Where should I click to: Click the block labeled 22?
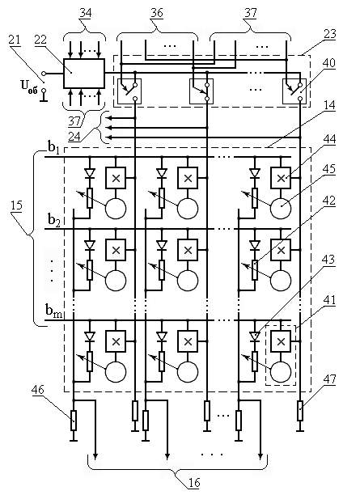pos(83,74)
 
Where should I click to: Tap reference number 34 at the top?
pos(85,13)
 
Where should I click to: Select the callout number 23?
pos(330,34)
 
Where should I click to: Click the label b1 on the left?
pos(53,146)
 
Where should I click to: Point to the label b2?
pos(54,218)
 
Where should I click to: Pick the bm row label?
pos(54,311)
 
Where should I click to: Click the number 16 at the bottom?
pos(194,482)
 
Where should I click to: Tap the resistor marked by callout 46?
pos(74,421)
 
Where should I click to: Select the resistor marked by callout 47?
pos(300,411)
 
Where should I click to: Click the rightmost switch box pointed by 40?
pos(294,91)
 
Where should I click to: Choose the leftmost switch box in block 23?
pos(129,91)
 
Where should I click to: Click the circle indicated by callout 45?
pos(281,209)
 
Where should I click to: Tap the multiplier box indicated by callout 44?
pos(281,179)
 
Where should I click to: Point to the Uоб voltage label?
pos(29,86)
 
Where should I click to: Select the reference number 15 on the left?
pos(16,205)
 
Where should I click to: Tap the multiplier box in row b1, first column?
pos(116,179)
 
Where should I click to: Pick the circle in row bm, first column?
pos(116,372)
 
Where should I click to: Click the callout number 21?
pos(14,40)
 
